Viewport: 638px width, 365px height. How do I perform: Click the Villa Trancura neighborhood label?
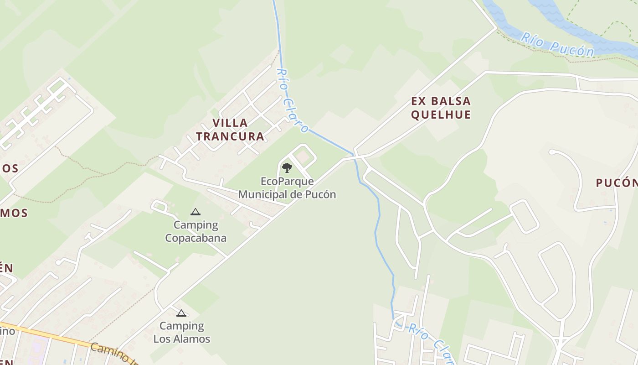tap(230, 129)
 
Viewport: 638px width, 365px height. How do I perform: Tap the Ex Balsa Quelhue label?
tap(441, 108)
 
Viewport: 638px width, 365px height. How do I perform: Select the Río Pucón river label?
tap(557, 45)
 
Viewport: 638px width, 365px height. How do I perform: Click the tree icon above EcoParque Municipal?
tap(287, 168)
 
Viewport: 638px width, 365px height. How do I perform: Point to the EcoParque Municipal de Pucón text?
tap(287, 188)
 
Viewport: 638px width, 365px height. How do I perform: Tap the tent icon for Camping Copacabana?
tap(196, 212)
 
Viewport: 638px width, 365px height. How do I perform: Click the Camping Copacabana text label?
tap(196, 231)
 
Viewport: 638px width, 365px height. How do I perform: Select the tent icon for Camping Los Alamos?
tap(181, 313)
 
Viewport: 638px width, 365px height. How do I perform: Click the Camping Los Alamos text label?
tap(182, 333)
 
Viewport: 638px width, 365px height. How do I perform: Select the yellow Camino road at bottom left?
tap(55, 337)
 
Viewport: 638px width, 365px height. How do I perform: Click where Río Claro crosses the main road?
tap(355, 157)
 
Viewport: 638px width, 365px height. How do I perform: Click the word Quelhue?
tap(441, 115)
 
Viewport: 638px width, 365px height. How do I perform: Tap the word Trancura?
tap(230, 136)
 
